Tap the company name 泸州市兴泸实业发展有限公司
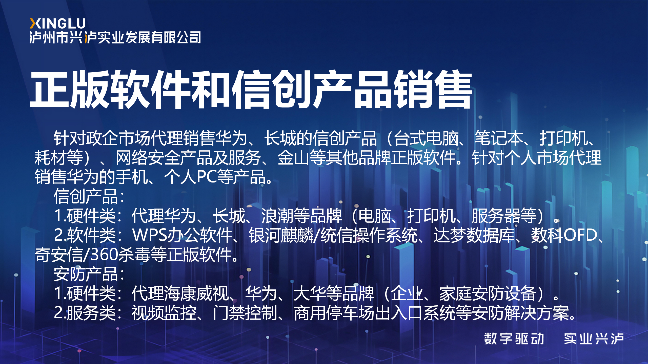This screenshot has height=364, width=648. [x=115, y=38]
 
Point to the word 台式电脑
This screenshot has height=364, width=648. [x=427, y=139]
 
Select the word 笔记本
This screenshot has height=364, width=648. [x=499, y=139]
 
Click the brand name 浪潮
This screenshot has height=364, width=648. [x=277, y=216]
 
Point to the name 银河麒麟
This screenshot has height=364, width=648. [x=281, y=235]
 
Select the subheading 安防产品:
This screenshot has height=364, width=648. [x=89, y=274]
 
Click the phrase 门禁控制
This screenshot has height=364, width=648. [x=245, y=313]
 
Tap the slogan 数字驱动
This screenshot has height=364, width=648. [x=514, y=339]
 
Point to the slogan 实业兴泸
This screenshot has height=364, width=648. [x=594, y=339]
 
